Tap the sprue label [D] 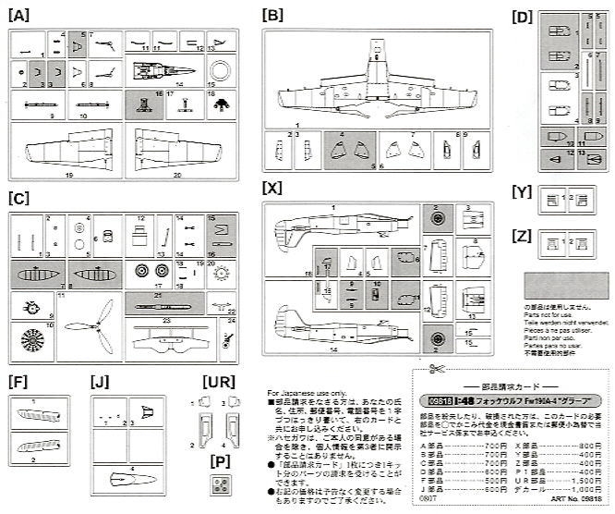[x=523, y=18]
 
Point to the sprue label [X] [x=272, y=188]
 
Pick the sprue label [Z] [x=522, y=236]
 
